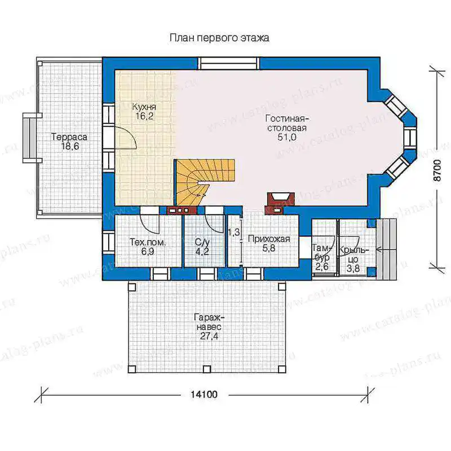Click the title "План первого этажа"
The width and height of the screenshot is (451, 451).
coord(219,38)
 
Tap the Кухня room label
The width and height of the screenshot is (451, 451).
coord(144,107)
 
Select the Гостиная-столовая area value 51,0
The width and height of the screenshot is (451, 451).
coord(287,137)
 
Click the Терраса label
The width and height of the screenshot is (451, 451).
coord(69,137)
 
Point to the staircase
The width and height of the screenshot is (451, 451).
coord(201,181)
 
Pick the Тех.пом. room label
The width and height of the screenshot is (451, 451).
coord(148,242)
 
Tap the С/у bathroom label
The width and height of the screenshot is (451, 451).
coord(202,242)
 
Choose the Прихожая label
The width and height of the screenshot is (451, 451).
coord(269,239)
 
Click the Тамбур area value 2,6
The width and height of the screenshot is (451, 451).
coord(321,267)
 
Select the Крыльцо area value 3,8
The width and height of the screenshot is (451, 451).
coord(353,269)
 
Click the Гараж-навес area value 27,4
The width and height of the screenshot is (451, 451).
coord(209,336)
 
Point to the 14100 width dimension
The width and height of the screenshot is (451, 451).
coord(204,394)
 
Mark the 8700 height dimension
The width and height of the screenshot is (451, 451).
coord(437,170)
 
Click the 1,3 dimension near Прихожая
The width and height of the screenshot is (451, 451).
coord(234,232)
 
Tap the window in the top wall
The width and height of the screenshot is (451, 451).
coord(229,64)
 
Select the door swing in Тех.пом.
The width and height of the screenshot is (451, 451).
coord(150,224)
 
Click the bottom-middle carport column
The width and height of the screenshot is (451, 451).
coord(206,369)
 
